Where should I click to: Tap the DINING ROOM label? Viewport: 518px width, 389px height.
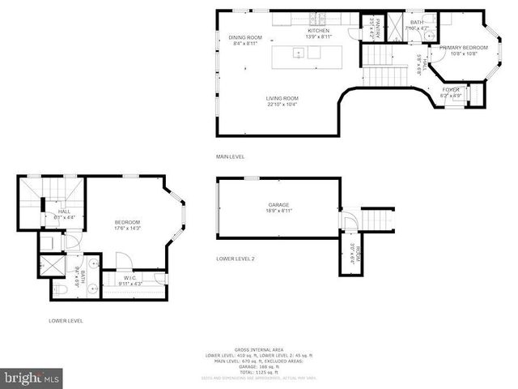[245, 37]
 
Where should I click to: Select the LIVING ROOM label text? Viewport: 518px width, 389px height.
[282, 99]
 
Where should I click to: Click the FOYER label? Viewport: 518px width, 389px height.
[450, 90]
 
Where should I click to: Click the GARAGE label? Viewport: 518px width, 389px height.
[278, 205]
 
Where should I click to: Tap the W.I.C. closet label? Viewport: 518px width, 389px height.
[129, 280]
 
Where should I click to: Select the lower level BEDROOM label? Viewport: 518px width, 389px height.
[127, 223]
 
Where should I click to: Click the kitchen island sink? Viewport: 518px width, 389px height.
[299, 54]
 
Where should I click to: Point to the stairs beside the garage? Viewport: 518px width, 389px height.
[377, 218]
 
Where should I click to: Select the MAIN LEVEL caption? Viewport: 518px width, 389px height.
[230, 156]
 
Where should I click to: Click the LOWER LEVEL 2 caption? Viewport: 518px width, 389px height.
[236, 259]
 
